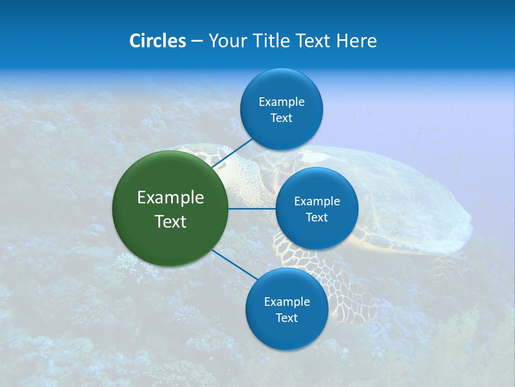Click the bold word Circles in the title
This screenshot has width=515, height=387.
coord(157,40)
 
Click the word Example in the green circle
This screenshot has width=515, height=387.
coord(171,197)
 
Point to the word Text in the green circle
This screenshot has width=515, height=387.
coord(171,221)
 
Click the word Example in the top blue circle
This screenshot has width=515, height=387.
coord(282,102)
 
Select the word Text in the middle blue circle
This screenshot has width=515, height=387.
coord(317,217)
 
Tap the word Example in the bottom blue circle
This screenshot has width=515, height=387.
coord(286,302)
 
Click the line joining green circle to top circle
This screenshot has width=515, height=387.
coord(233,152)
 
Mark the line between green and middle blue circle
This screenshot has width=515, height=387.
coord(252,208)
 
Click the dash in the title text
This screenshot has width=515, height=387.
coord(197,41)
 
